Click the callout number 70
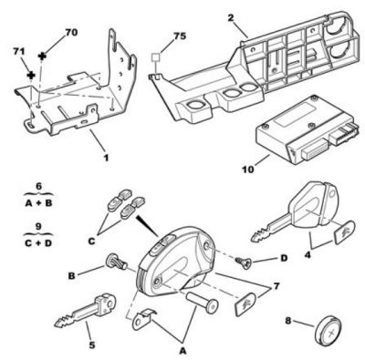[72, 33]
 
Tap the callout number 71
[19, 51]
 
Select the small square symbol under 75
[156, 57]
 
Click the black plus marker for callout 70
[43, 56]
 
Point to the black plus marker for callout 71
[31, 75]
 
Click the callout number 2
[231, 17]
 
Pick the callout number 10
[248, 170]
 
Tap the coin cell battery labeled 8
[328, 329]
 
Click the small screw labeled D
[244, 261]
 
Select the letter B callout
[72, 275]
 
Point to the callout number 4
[308, 255]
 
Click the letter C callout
[91, 242]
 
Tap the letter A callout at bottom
[182, 351]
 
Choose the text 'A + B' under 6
[38, 203]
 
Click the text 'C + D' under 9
[38, 243]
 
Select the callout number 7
[276, 286]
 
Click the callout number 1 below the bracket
[106, 158]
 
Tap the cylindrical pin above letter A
[203, 302]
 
